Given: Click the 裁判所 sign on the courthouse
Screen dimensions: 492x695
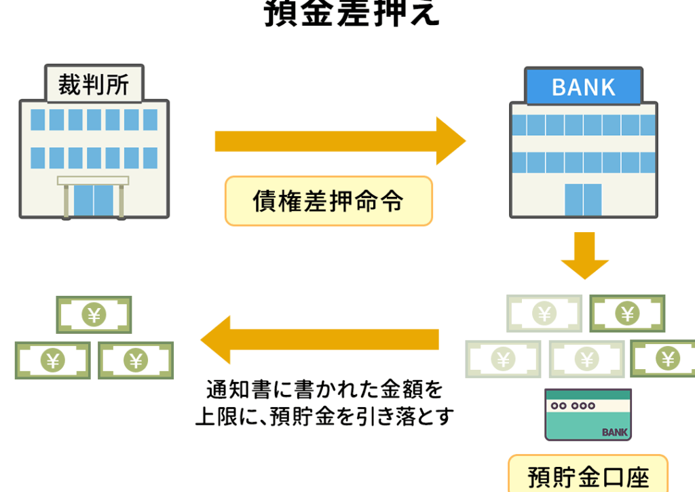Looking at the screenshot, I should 94,85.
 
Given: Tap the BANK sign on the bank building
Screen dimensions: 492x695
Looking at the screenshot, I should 584,87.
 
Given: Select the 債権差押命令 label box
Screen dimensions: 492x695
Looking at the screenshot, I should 328,201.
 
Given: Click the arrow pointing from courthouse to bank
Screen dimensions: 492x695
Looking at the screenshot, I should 339,141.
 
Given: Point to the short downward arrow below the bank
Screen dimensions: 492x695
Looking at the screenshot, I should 584,254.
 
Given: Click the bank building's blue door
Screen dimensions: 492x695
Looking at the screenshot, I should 583,200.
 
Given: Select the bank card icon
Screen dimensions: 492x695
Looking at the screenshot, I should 588,415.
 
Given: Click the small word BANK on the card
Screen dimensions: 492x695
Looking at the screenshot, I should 615,432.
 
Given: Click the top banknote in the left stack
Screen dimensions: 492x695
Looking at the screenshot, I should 94,315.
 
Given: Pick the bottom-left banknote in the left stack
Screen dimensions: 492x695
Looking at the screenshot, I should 53,360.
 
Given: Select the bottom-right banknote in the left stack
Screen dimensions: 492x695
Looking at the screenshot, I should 136,360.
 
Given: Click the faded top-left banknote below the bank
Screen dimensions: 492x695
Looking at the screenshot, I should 544,314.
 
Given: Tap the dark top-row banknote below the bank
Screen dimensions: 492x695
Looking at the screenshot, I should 627,314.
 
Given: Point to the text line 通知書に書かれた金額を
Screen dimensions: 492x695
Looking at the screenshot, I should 324,390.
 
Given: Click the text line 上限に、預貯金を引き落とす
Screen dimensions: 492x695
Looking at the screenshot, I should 324,415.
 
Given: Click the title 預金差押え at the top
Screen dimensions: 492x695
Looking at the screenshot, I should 352,14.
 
